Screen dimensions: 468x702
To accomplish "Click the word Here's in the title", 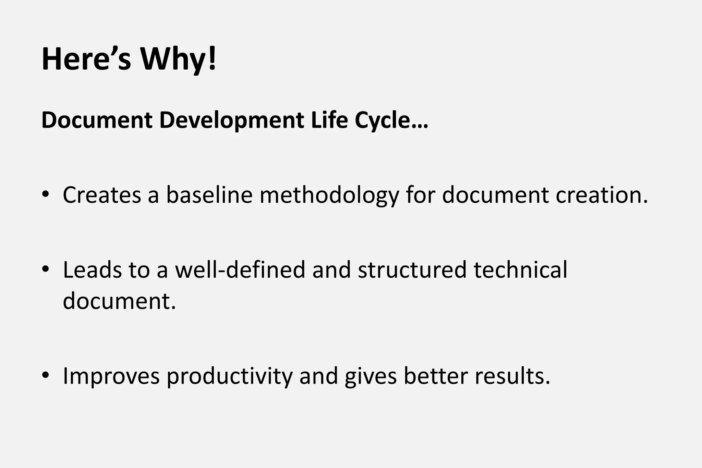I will (86, 59).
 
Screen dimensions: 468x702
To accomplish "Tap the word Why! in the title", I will (178, 59).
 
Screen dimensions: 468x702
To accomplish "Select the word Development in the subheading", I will (231, 120).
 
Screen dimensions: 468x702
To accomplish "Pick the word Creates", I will (102, 195).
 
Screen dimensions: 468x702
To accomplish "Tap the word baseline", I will (209, 195).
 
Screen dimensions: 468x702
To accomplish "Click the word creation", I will (602, 195).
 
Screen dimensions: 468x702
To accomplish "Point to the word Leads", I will (92, 269).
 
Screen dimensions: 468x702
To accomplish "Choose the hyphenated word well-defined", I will (240, 269).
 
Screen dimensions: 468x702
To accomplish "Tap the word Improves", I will (111, 376).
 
